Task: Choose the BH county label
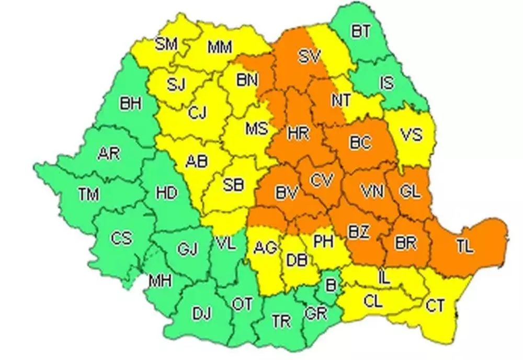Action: click(x=131, y=105)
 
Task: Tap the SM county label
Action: click(x=166, y=44)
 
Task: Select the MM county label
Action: click(x=220, y=48)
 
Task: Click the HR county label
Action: click(x=299, y=133)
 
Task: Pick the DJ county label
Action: click(x=202, y=314)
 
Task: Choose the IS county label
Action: click(x=386, y=82)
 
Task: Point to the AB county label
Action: click(x=197, y=162)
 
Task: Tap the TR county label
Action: click(x=281, y=321)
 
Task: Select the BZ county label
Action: click(x=359, y=230)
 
